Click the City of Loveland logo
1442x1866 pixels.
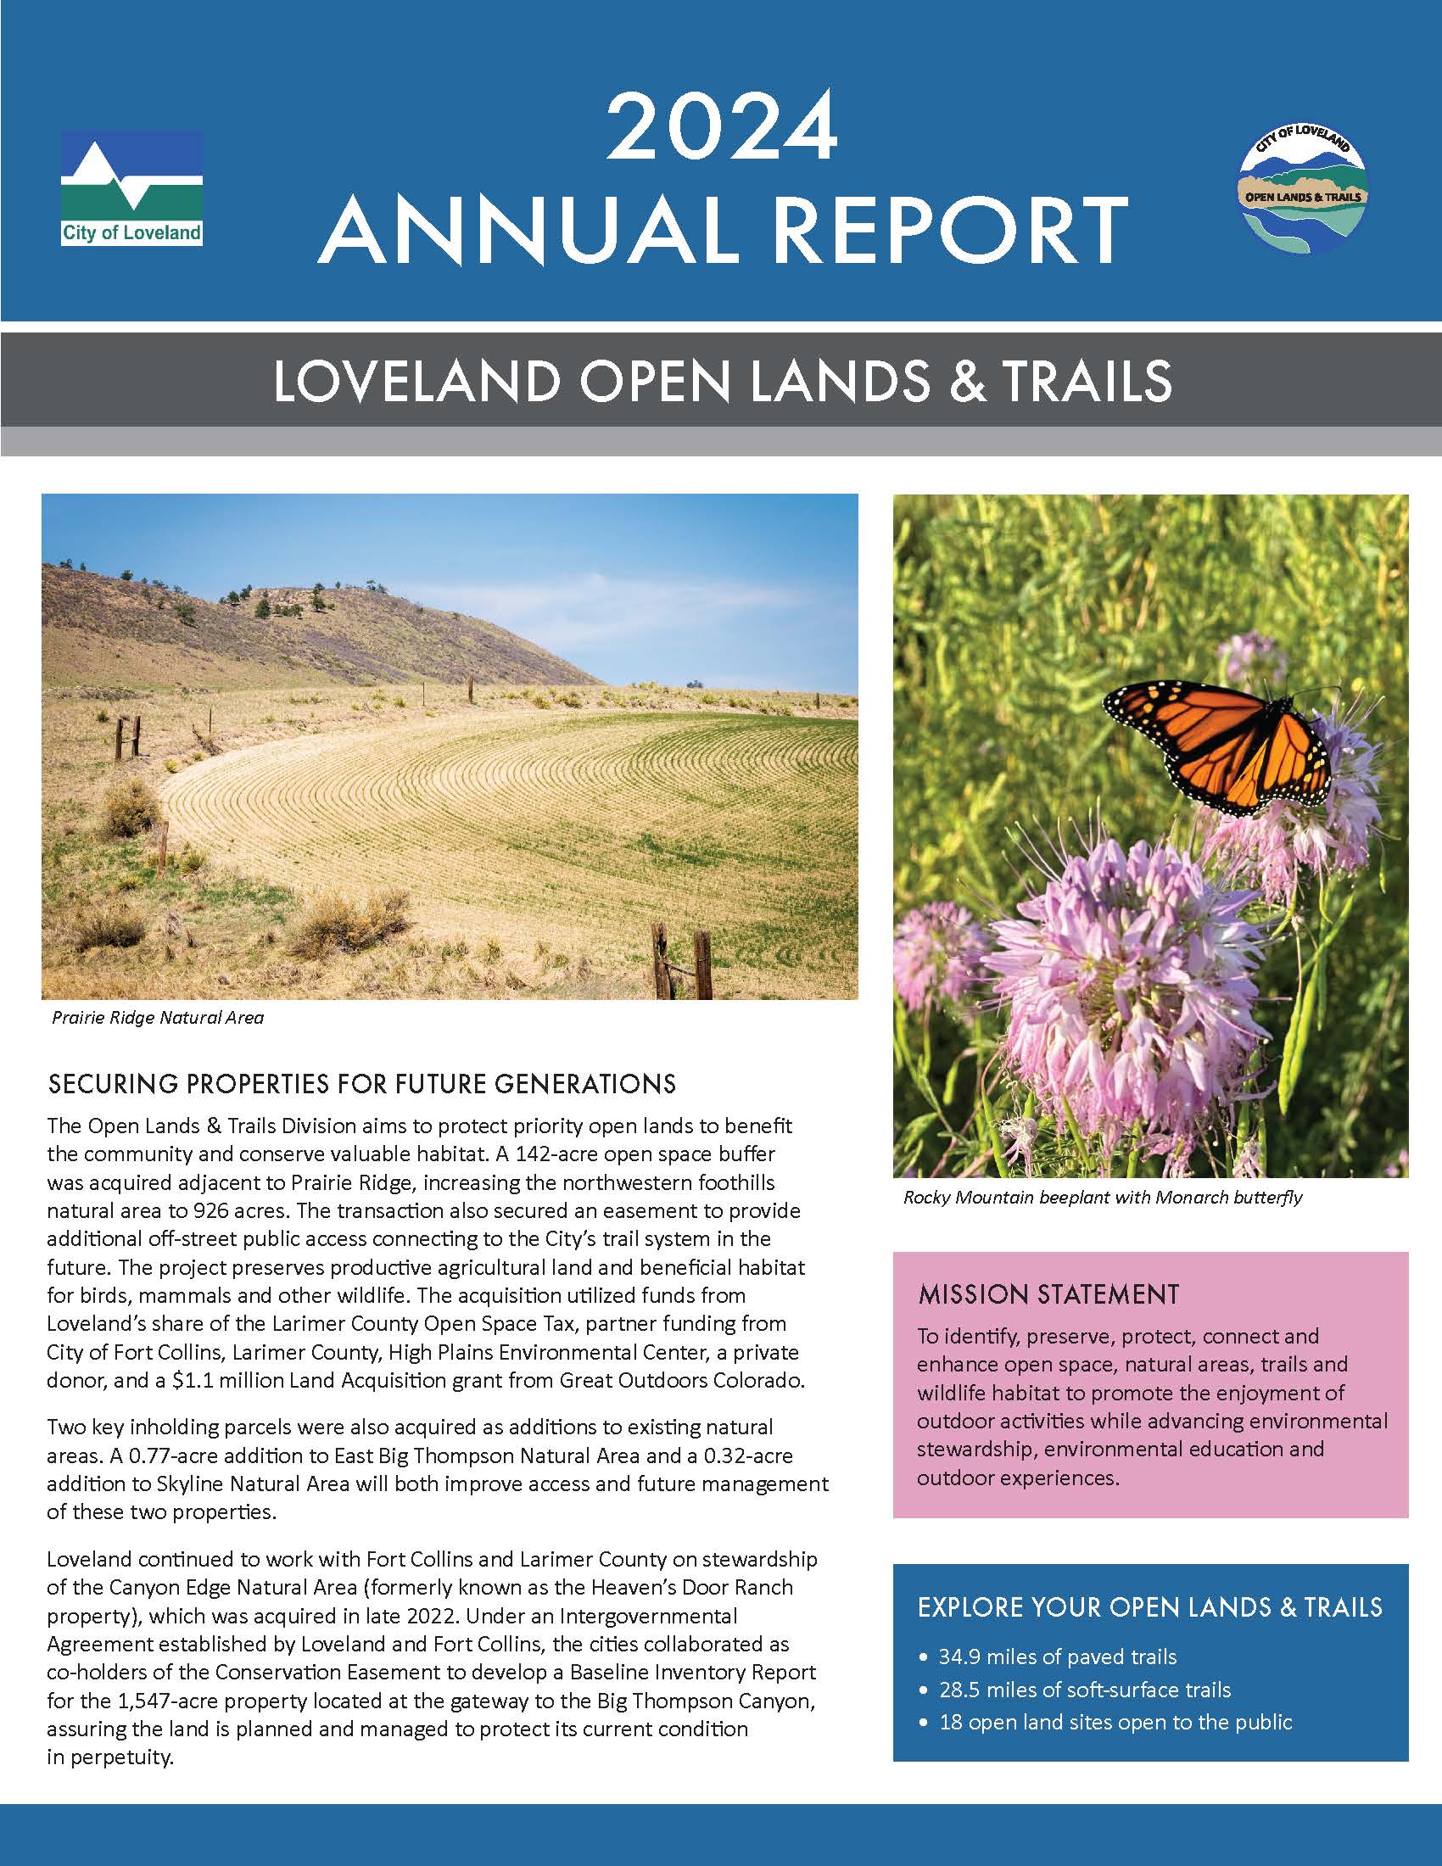(131, 188)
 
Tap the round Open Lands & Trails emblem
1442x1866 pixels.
(1303, 193)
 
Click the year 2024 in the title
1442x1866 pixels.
(721, 128)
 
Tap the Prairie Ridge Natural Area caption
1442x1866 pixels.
(158, 1018)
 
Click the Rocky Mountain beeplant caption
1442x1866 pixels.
(1102, 1197)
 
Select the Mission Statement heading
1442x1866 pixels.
(1048, 1294)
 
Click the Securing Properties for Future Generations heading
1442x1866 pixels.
(362, 1084)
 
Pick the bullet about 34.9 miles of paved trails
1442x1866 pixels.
(1057, 1656)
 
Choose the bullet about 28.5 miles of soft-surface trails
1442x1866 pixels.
(1084, 1689)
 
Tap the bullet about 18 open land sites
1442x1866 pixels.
(1115, 1722)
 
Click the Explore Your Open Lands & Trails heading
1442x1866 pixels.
(1150, 1607)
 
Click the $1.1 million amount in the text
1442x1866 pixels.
(221, 1381)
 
